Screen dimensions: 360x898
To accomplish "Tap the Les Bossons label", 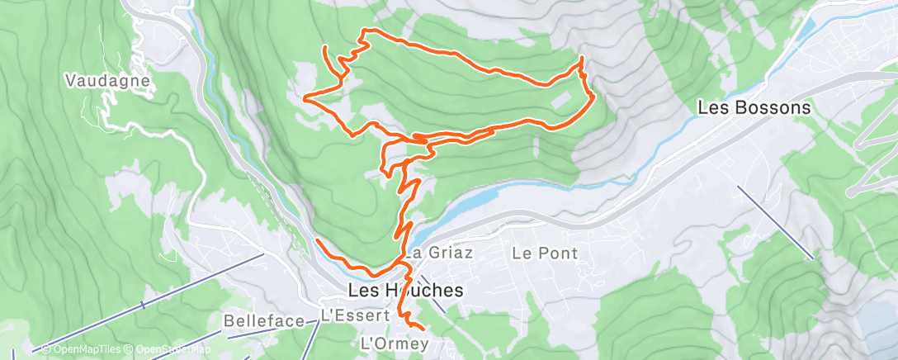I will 754,107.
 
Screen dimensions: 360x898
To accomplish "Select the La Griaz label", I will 438,253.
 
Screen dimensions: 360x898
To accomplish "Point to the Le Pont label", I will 545,253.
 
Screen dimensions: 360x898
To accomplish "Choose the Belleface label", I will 264,320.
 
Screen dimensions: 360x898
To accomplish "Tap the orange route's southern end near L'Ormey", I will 423,333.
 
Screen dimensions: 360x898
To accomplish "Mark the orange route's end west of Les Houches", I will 317,239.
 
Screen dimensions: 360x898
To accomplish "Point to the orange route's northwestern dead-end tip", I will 325,47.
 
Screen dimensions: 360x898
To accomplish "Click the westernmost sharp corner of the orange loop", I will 306,98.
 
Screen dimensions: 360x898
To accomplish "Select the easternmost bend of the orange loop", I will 593,97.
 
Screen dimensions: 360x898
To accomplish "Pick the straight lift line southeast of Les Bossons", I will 776,221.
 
